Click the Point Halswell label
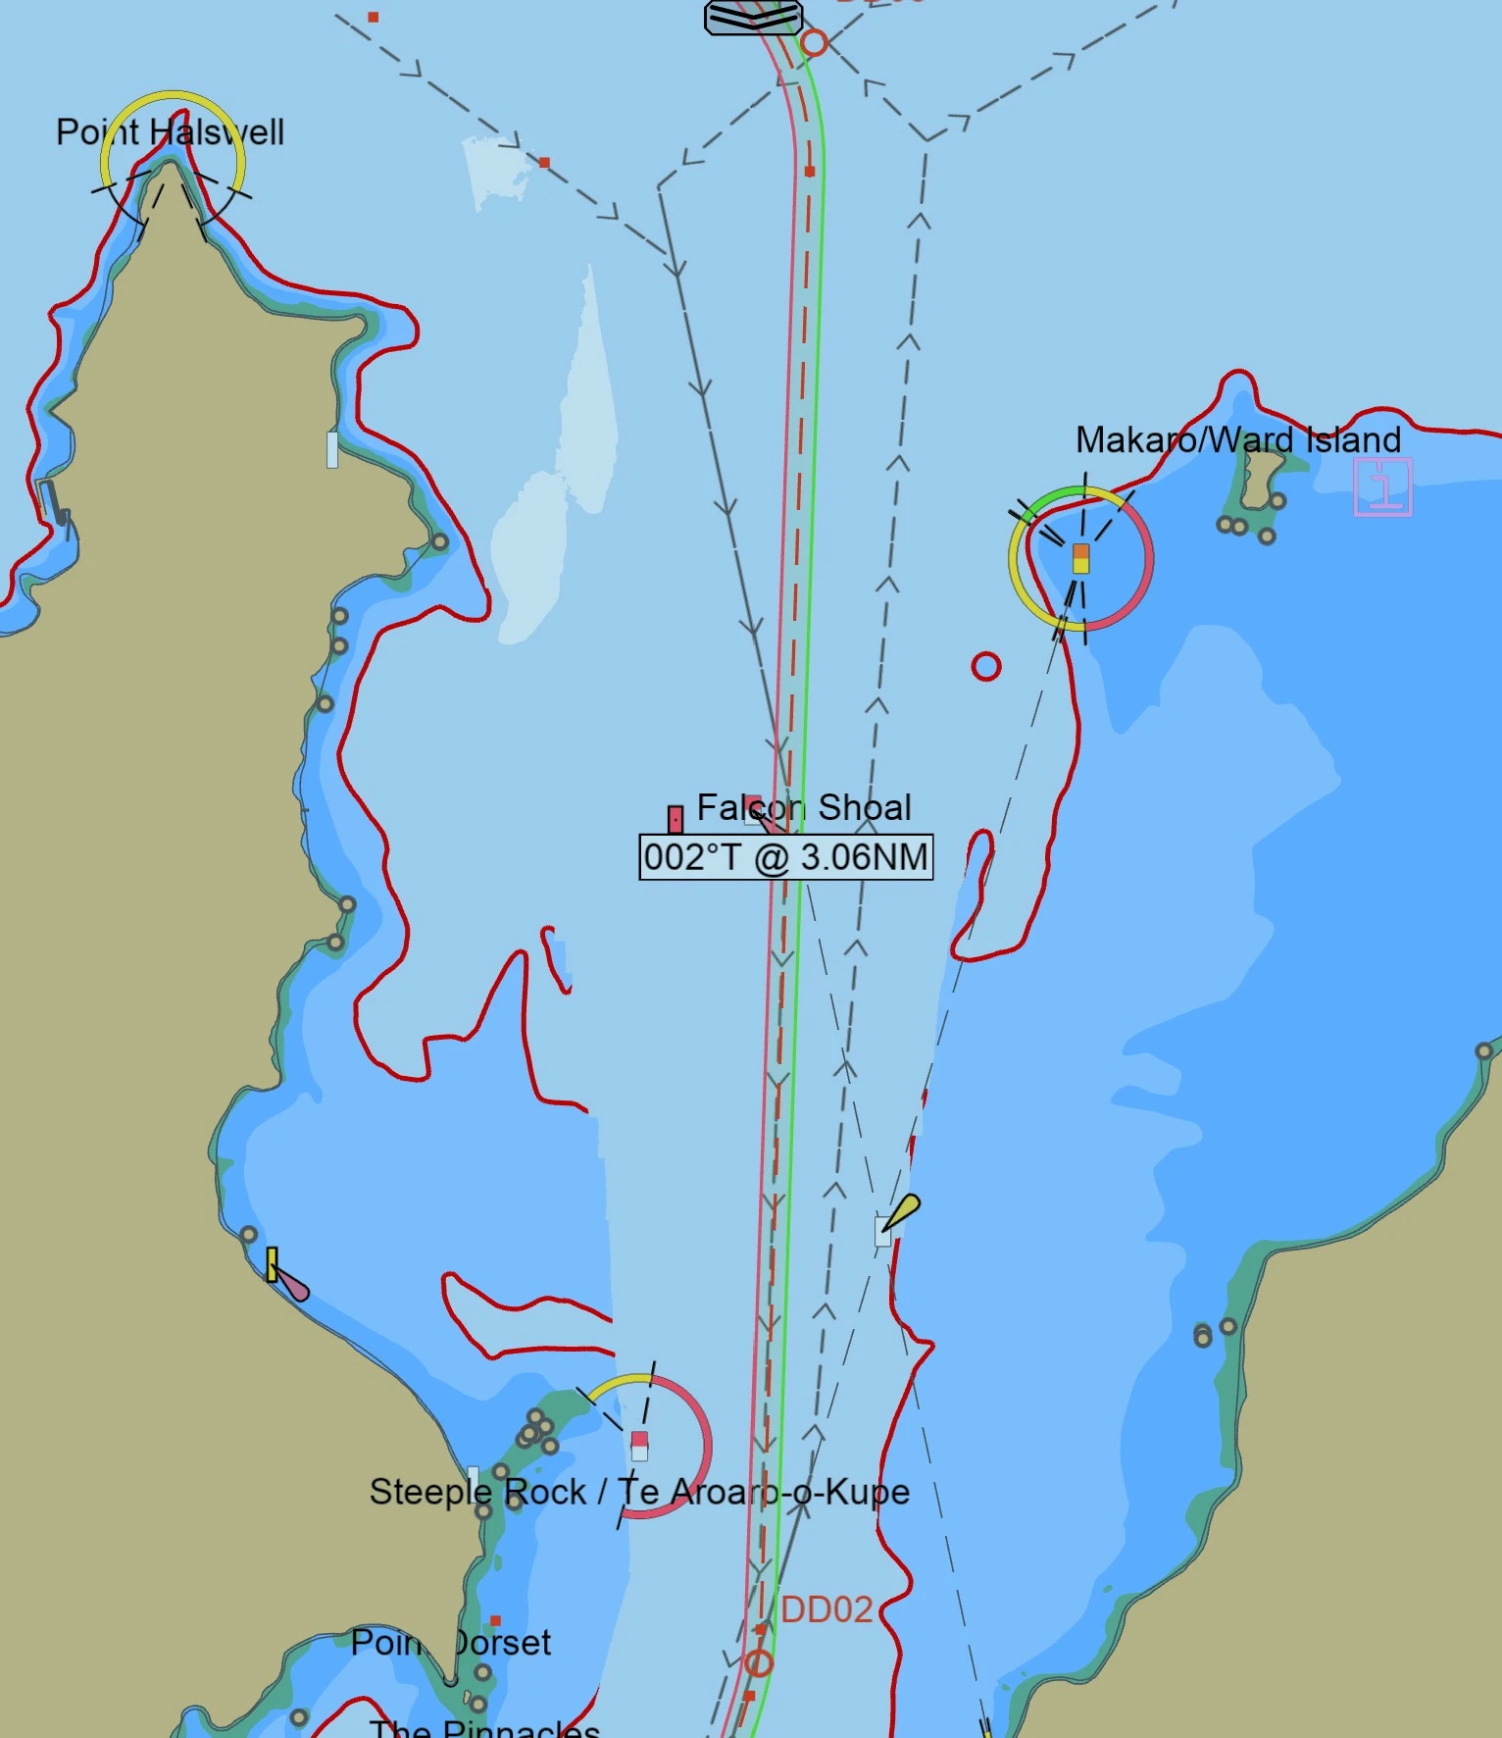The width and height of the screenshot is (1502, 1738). tap(170, 132)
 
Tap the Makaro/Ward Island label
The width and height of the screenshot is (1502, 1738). tap(1237, 440)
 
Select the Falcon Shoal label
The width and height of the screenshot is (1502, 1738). tap(803, 807)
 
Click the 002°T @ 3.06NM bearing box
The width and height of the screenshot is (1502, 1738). tap(785, 857)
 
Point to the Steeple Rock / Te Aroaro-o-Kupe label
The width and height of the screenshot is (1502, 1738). tap(639, 1492)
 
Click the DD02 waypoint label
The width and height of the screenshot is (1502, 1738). tap(826, 1610)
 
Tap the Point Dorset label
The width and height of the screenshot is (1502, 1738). tap(451, 1642)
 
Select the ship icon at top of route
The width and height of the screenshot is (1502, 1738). tap(753, 17)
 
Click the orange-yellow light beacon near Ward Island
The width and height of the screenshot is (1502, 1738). tap(1080, 558)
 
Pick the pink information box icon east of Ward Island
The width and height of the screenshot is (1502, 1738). tap(1382, 486)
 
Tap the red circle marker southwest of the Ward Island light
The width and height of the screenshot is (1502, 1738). tap(985, 667)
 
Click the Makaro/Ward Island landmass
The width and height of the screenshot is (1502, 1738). tap(1261, 477)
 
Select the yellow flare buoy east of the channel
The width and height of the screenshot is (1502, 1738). tap(901, 1212)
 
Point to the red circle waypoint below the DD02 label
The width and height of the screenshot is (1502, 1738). tap(758, 1663)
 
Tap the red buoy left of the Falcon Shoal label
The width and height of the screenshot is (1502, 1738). tap(676, 819)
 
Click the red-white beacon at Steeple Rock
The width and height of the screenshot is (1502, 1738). tap(639, 1445)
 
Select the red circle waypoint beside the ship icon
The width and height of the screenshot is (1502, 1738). tap(814, 43)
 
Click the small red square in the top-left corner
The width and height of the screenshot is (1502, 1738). tap(374, 18)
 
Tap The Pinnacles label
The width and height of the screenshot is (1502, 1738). tap(484, 1728)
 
